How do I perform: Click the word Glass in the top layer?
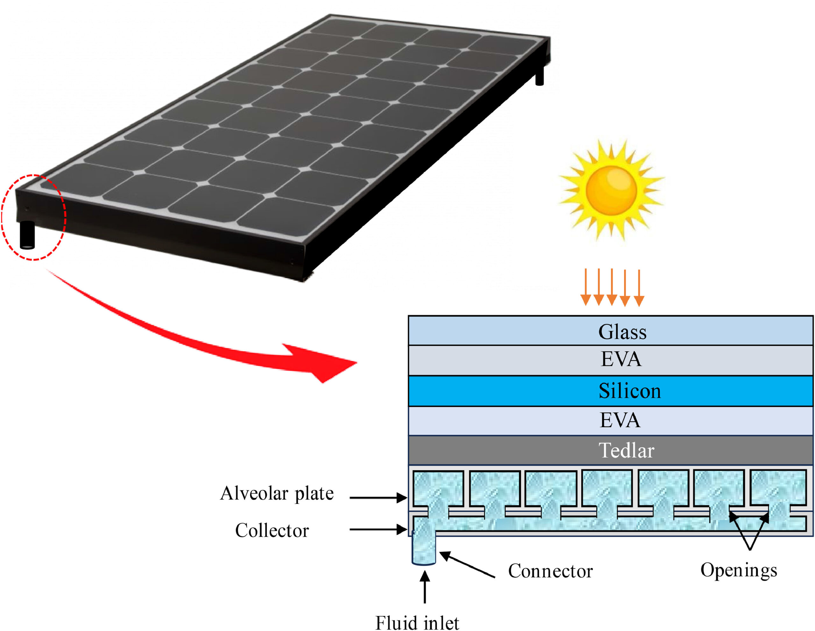(622, 332)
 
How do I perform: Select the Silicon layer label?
(629, 391)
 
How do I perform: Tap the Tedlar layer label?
(627, 450)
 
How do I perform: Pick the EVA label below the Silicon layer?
(620, 420)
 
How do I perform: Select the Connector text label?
(550, 571)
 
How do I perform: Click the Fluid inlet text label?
(417, 623)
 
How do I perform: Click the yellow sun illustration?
(611, 190)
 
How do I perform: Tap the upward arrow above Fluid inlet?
(425, 587)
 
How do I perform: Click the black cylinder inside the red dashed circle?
(27, 235)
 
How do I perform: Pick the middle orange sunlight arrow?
(612, 287)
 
